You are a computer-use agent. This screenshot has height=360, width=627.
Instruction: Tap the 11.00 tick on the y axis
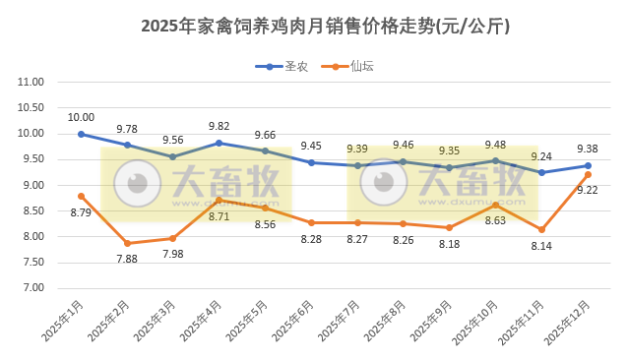[x=32, y=83]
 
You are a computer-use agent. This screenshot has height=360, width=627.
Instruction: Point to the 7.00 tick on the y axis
[x=32, y=288]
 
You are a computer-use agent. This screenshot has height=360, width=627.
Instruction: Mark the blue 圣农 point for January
[x=81, y=134]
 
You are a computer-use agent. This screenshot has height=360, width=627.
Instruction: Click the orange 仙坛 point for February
[x=127, y=243]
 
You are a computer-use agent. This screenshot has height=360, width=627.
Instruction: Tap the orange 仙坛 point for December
[x=588, y=174]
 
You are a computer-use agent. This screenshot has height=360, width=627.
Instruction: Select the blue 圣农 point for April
[x=219, y=143]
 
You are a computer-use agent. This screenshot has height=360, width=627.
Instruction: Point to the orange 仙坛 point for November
[x=541, y=229]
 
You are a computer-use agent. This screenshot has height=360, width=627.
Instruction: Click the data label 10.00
[x=81, y=118]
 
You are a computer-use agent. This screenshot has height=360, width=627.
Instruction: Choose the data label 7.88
[x=127, y=259]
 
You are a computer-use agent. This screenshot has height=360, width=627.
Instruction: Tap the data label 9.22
[x=588, y=190]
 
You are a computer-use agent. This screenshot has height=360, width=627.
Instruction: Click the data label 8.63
[x=495, y=220]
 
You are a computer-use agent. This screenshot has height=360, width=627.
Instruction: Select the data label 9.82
[x=219, y=126]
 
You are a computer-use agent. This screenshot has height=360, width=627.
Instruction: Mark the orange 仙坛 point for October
[x=495, y=205]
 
